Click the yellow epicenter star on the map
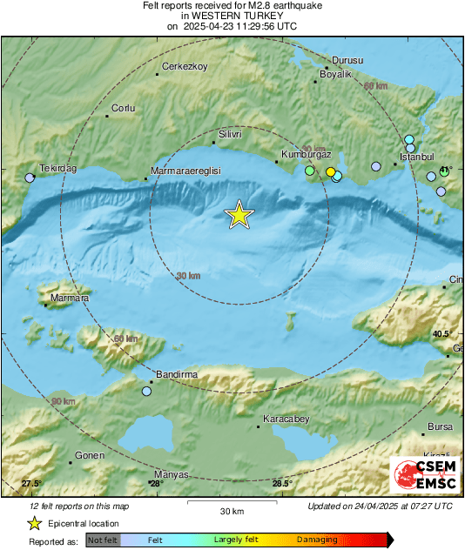click(239, 215)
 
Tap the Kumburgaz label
click(306, 155)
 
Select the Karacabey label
click(286, 419)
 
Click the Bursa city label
click(441, 427)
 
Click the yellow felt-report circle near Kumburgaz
click(331, 172)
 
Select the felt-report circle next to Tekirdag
click(30, 178)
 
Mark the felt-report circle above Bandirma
click(146, 392)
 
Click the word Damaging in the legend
click(317, 540)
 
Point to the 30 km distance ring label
click(188, 276)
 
